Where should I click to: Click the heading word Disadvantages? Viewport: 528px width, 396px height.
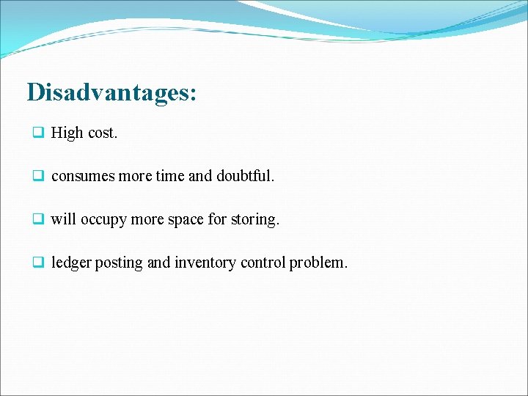pyautogui.click(x=111, y=93)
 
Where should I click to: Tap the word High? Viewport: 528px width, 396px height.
pyautogui.click(x=67, y=133)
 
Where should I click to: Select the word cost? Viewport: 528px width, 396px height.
pyautogui.click(x=102, y=133)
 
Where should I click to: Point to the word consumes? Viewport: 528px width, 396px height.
pyautogui.click(x=81, y=177)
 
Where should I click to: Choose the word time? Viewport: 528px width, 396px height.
pyautogui.click(x=169, y=176)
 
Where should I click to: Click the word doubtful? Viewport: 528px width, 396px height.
pyautogui.click(x=245, y=176)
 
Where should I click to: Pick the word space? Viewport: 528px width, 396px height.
pyautogui.click(x=186, y=220)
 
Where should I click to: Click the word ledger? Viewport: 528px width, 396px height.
pyautogui.click(x=71, y=263)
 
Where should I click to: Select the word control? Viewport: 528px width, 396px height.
pyautogui.click(x=261, y=263)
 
